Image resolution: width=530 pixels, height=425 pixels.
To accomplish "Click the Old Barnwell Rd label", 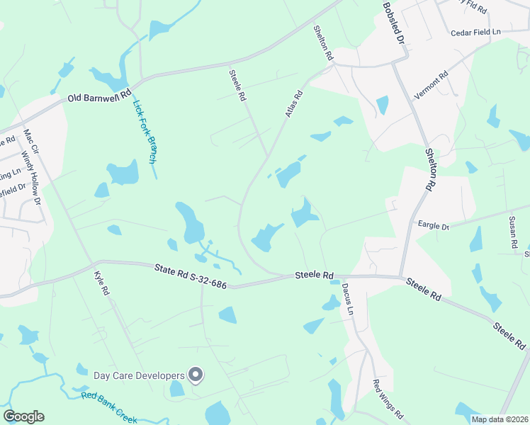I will tap(100, 95).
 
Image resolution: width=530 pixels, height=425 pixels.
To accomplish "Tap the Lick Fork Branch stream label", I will tap(144, 132).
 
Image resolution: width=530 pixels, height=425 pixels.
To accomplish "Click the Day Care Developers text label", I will tap(139, 375).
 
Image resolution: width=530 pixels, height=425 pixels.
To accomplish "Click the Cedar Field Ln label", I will tap(476, 33).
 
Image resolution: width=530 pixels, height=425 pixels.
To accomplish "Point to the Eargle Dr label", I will tap(434, 226).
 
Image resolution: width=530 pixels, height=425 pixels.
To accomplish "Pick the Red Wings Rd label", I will tap(388, 399).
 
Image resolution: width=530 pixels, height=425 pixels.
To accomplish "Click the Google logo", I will tap(23, 416).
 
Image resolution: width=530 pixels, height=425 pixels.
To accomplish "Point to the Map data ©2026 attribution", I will tap(500, 419).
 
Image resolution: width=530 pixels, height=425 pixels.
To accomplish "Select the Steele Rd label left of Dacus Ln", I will tap(314, 275).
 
